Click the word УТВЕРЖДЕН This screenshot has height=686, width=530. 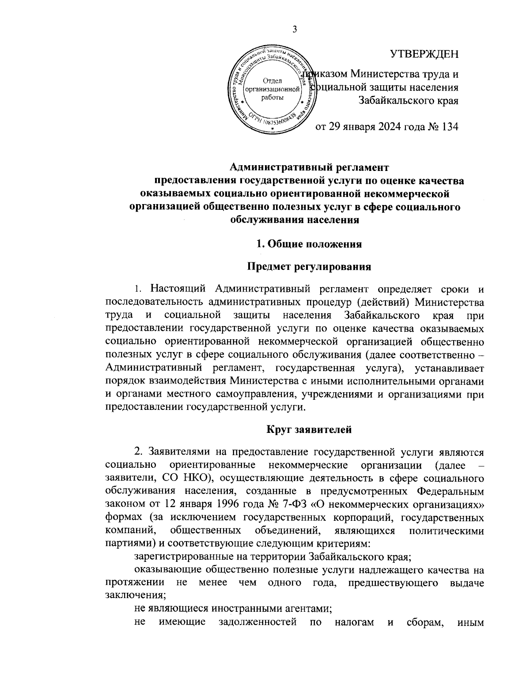coord(424,54)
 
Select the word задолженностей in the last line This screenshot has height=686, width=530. coord(257,623)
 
